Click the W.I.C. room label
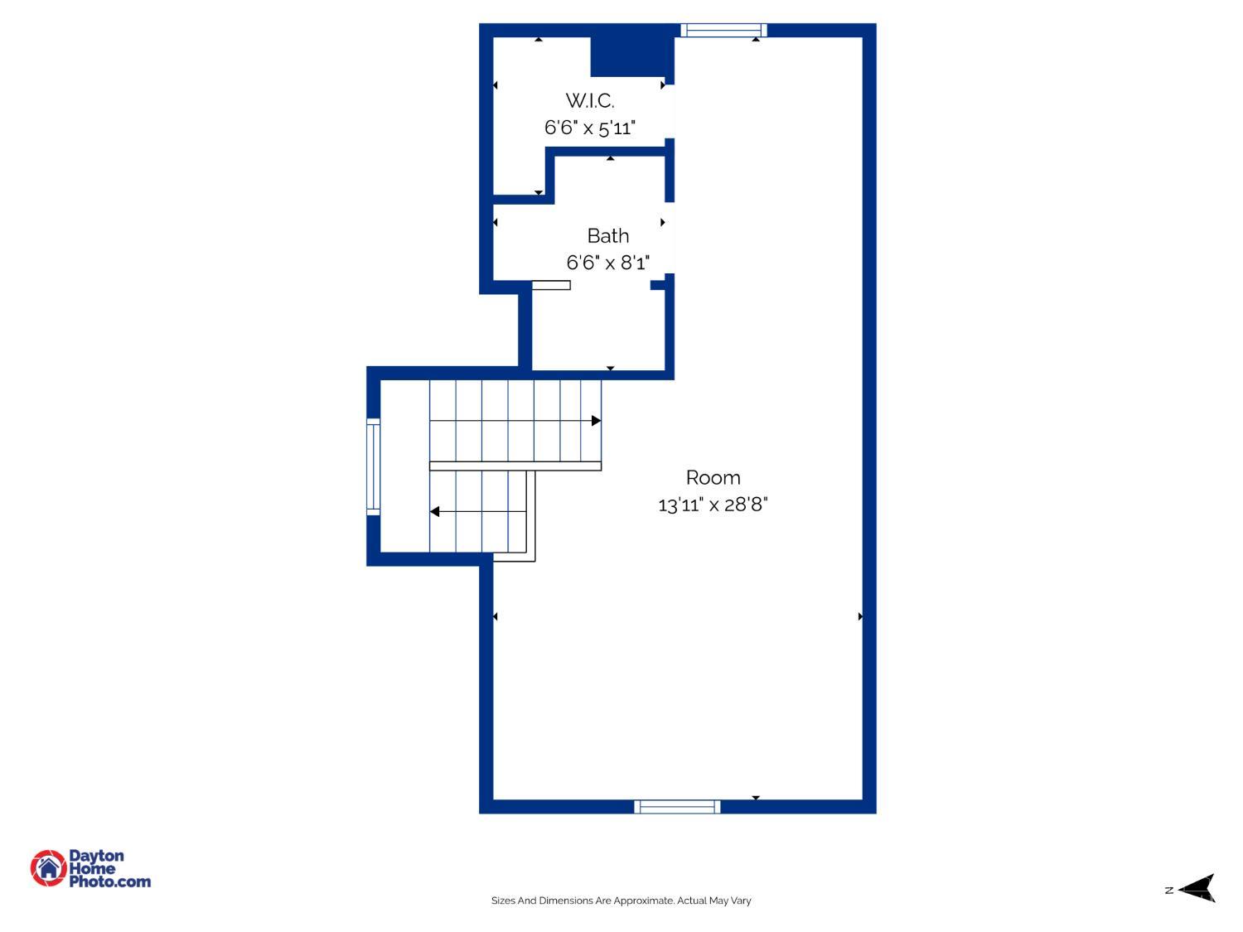tap(589, 101)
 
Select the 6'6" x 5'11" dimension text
tap(589, 128)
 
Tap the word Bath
tap(607, 235)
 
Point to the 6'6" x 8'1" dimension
tap(607, 263)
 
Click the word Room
tap(713, 478)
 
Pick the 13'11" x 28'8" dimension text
tap(713, 505)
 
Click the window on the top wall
tap(723, 30)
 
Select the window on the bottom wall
tap(677, 807)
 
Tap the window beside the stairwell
tap(373, 467)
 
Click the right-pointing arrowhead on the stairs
tap(596, 421)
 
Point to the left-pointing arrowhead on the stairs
tap(434, 511)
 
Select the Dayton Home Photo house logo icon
tap(49, 868)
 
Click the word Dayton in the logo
tap(96, 856)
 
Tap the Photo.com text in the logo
tap(110, 881)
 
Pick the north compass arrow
tap(1197, 888)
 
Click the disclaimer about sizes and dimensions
tap(621, 901)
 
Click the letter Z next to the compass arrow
tap(1169, 890)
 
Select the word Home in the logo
tap(92, 868)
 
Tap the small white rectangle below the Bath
tap(551, 285)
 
